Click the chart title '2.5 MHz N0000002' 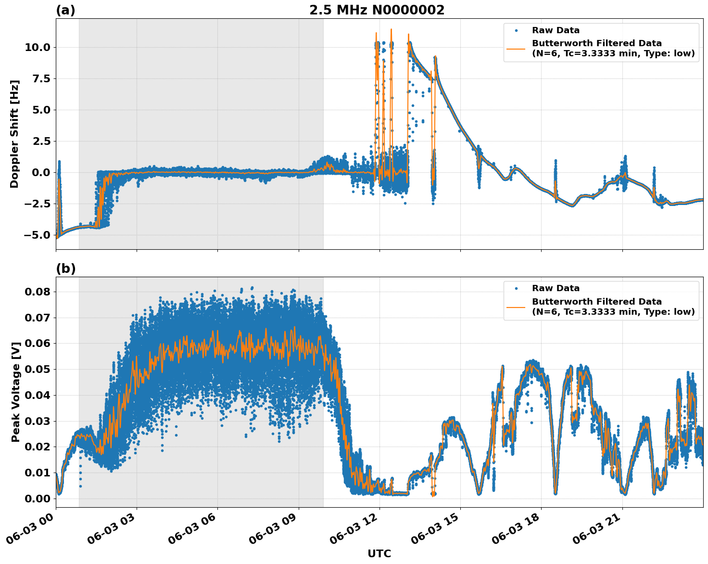[377, 10]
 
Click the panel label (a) [65, 10]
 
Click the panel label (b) [65, 269]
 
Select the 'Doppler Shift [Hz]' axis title [14, 134]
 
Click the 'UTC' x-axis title [379, 553]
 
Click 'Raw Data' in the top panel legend [556, 30]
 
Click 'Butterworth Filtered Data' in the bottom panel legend [596, 302]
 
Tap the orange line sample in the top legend [516, 48]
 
